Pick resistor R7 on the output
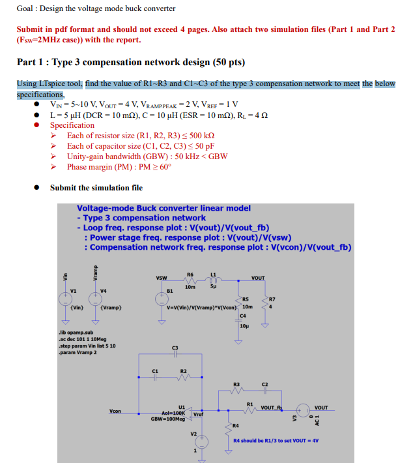[x=264, y=306]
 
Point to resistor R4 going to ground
[x=229, y=425]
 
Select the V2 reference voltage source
[x=201, y=441]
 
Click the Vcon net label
[x=115, y=411]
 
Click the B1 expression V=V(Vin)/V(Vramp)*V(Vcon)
[x=201, y=307]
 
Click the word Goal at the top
[x=25, y=8]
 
